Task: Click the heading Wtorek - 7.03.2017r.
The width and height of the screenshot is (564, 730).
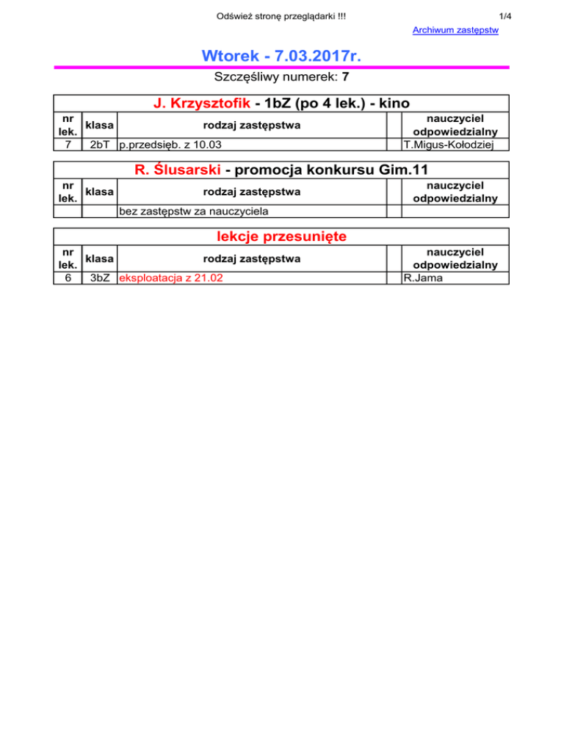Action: [282, 56]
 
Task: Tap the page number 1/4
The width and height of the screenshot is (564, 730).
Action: [505, 14]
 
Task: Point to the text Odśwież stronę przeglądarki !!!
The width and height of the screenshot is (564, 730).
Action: [282, 14]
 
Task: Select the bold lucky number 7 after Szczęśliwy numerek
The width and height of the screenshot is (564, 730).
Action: [345, 77]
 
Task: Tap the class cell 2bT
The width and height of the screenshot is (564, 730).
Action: [100, 145]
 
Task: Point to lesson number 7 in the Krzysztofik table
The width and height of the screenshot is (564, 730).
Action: [68, 145]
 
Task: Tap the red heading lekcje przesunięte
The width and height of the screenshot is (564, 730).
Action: [282, 237]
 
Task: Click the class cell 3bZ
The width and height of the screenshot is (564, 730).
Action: [100, 278]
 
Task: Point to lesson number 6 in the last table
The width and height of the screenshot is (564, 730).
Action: [68, 278]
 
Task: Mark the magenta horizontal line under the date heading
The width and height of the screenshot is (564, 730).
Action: [282, 68]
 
